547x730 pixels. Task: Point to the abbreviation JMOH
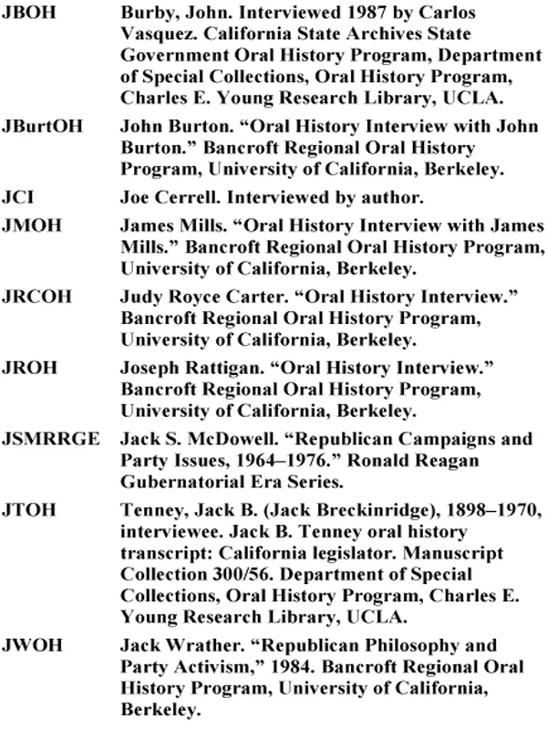coord(31,226)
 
